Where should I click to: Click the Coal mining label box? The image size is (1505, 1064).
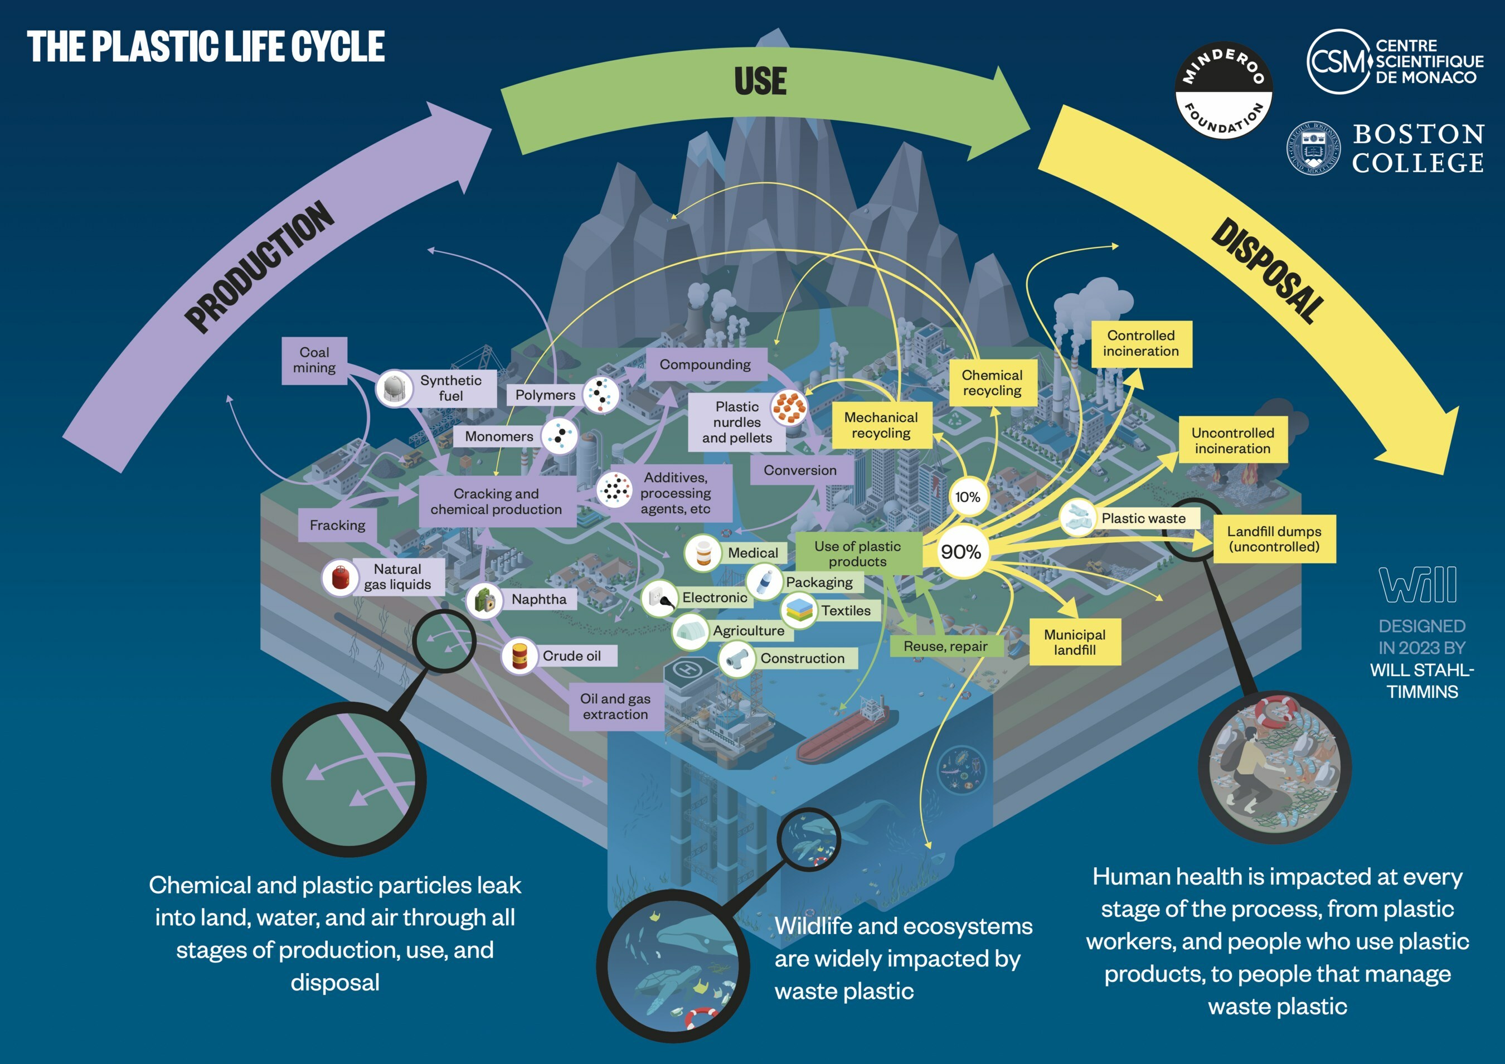coord(314,360)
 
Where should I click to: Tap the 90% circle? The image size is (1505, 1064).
coord(960,552)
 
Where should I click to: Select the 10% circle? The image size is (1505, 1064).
coord(967,497)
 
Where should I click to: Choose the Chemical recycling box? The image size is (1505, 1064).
coord(992,383)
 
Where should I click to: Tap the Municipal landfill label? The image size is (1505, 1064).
coord(1074,643)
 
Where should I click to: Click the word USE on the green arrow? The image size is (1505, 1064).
coord(760,81)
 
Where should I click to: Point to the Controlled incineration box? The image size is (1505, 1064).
coord(1140,343)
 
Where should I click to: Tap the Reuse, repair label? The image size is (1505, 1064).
coord(945,647)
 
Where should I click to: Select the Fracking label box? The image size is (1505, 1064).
coord(338,525)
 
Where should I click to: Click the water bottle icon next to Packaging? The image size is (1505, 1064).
coord(764,581)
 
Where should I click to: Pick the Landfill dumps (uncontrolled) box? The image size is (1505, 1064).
coord(1274,539)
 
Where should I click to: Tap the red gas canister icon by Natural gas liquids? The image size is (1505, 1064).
coord(339,577)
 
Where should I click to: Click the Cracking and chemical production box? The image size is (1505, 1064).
coord(496,502)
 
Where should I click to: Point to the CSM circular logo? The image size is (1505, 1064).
coord(1338,62)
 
